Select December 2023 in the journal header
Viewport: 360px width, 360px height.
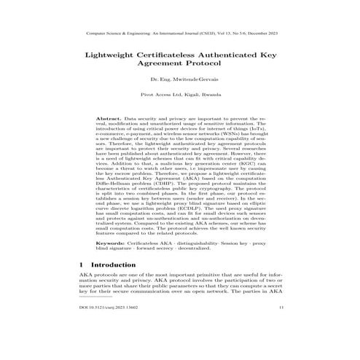(262, 33)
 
